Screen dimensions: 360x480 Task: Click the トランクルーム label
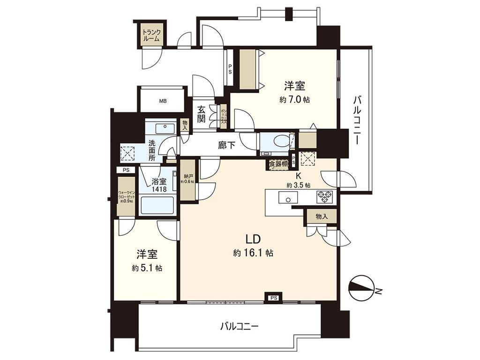point(151,36)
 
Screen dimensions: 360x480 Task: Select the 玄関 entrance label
point(202,114)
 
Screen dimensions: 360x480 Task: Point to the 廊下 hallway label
point(227,145)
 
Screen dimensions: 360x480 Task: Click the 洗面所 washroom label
point(152,150)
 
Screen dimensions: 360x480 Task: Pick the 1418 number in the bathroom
point(158,189)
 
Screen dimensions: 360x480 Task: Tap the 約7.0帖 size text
point(294,99)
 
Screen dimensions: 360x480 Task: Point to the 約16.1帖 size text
point(253,253)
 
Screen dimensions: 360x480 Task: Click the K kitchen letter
point(298,176)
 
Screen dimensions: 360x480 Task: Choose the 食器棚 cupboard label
point(277,165)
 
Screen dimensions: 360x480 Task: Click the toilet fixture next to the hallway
point(279,141)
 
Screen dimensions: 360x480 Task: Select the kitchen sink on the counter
point(285,197)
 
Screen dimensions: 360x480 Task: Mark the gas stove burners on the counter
point(324,196)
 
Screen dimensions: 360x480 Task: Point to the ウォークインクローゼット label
point(126,197)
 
